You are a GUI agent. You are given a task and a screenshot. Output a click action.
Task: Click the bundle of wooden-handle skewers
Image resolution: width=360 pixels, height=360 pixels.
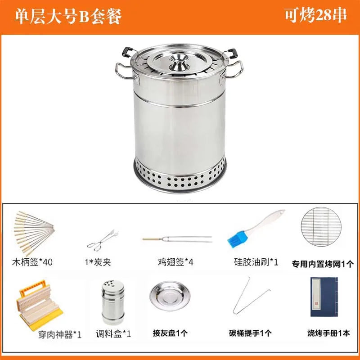click(34, 232)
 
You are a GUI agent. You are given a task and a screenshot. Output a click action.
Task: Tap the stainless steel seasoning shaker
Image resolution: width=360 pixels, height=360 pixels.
click(113, 301)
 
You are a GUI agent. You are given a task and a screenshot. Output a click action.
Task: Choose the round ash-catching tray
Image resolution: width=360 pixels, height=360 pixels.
click(169, 296)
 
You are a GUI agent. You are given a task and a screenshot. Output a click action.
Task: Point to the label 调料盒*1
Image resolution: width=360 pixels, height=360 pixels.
click(113, 334)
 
